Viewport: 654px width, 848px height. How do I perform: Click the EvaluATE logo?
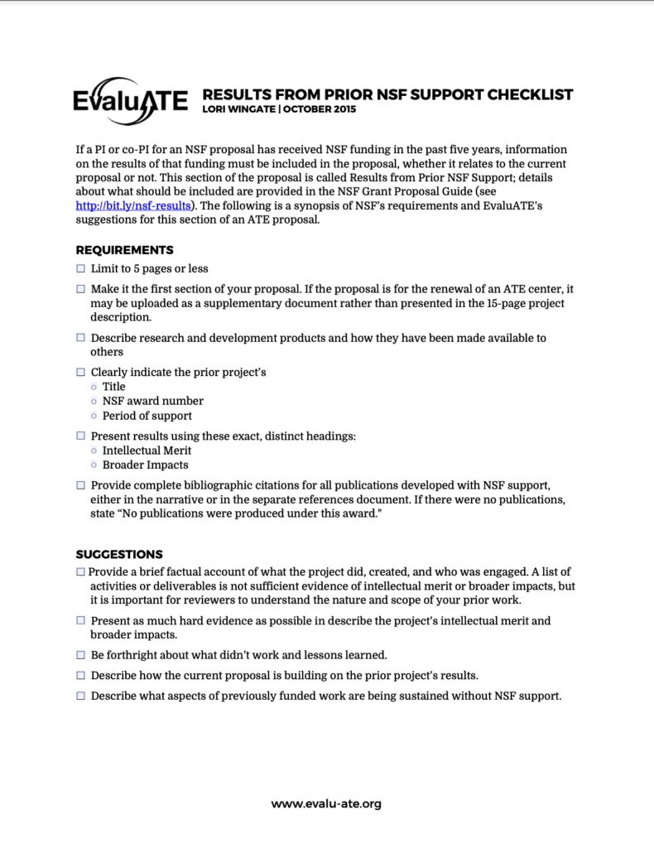[132, 103]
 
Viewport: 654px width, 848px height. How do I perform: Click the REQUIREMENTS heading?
[124, 249]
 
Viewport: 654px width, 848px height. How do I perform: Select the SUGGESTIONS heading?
[119, 554]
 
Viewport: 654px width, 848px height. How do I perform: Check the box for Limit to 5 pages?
[80, 269]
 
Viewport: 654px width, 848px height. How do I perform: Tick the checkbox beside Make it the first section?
[80, 289]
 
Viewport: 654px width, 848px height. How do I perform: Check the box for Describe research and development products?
[80, 338]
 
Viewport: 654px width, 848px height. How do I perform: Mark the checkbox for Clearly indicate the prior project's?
[80, 373]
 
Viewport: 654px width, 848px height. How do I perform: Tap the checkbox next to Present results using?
[80, 436]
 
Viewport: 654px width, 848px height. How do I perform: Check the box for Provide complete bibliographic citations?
[80, 485]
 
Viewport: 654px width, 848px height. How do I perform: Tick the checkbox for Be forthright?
[80, 655]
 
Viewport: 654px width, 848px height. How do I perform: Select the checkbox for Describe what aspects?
[80, 696]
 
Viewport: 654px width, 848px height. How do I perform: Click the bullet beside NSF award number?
[94, 402]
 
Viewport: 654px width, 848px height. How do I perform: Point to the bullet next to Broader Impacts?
[94, 465]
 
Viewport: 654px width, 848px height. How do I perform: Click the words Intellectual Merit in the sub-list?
[147, 450]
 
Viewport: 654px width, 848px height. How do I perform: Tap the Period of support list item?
[147, 416]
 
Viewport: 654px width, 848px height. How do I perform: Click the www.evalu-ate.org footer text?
[326, 803]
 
